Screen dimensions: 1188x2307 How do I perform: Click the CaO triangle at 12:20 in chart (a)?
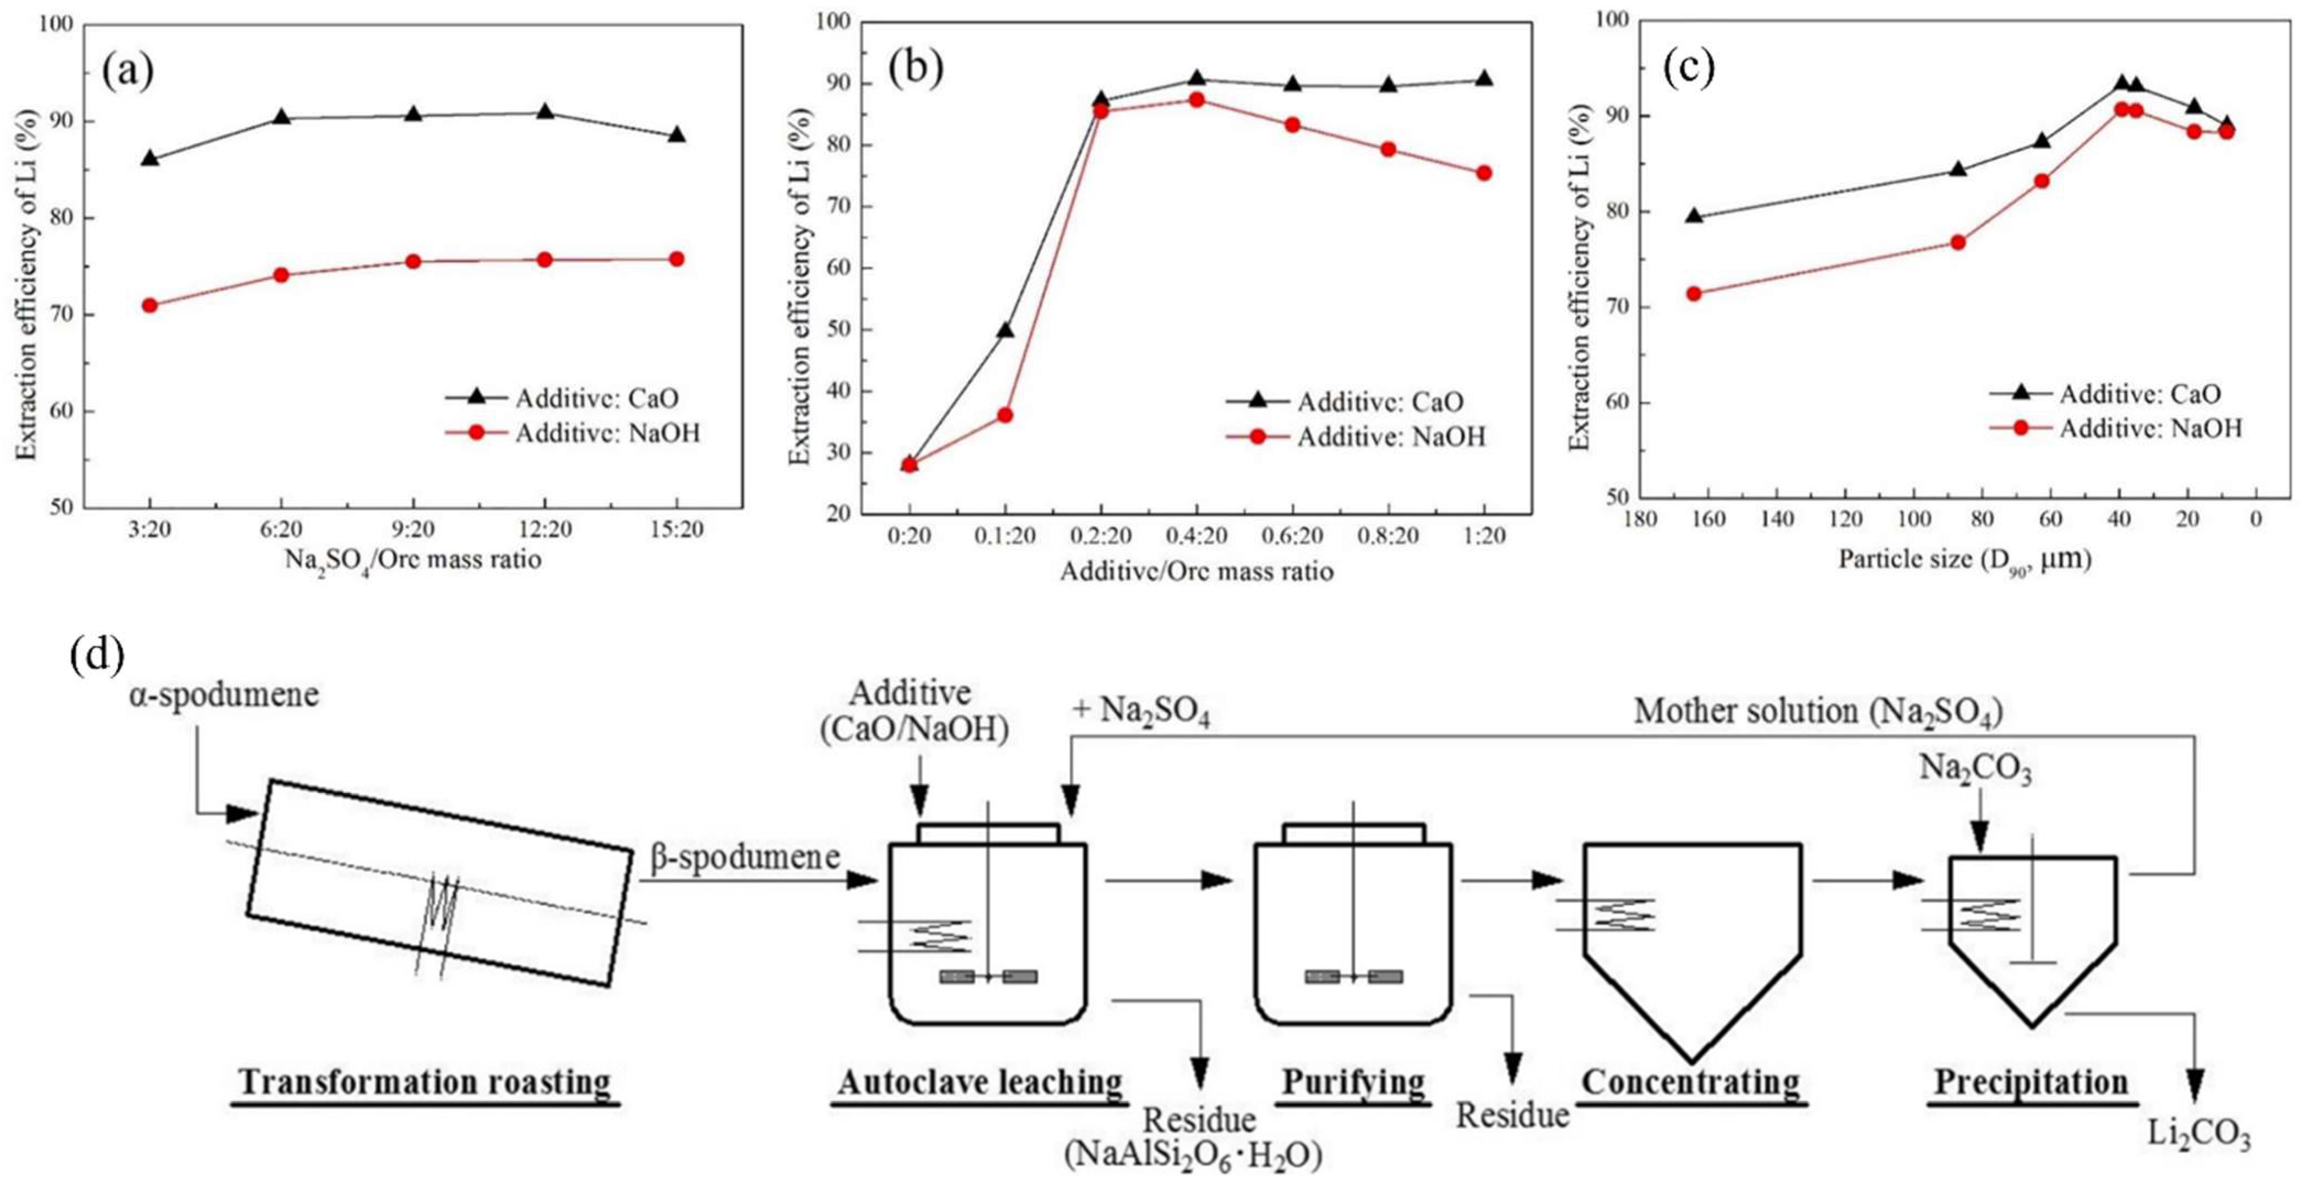click(545, 112)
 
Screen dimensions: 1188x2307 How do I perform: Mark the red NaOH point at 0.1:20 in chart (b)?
click(1005, 415)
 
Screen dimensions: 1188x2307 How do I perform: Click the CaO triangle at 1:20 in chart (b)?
click(1483, 79)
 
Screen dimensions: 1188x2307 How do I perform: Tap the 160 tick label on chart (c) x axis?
click(1709, 519)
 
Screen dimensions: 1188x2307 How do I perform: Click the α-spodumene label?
click(224, 695)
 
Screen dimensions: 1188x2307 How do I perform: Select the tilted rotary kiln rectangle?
click(439, 882)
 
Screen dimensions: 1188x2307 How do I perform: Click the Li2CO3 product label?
click(2199, 1134)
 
